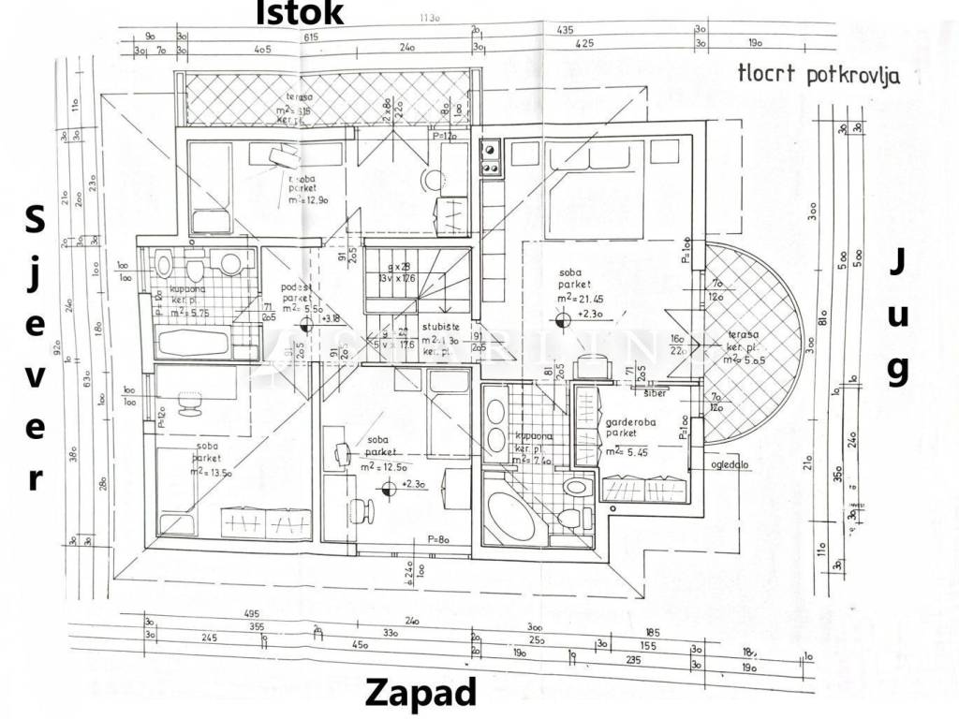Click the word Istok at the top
coord(301,12)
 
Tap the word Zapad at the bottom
coord(420,694)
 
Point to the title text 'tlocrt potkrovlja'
coord(819,75)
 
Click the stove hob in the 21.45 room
coord(491,156)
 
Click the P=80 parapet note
coord(438,539)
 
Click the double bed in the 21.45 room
coord(595,192)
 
